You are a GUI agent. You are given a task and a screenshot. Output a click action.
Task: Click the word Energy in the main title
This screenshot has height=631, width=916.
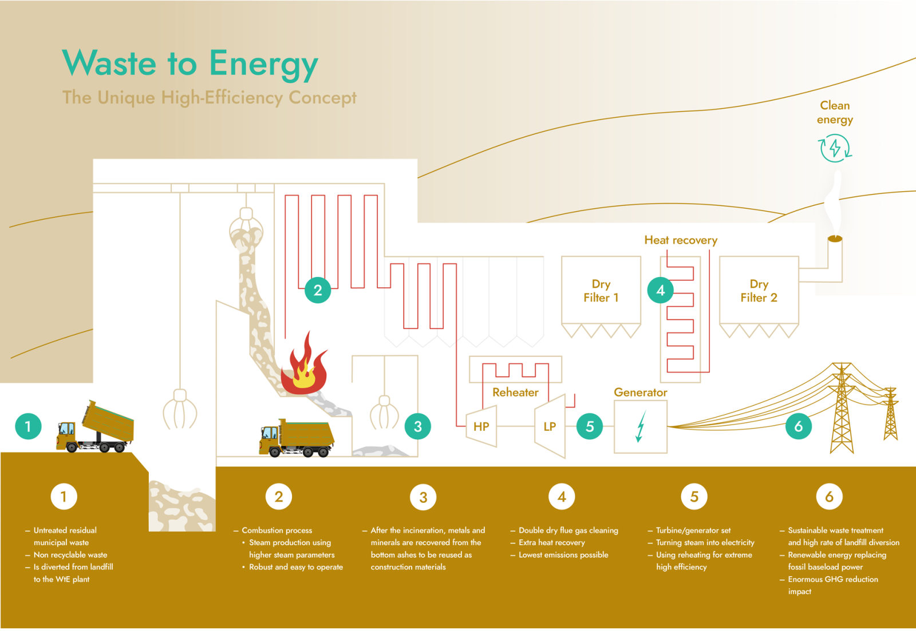click(x=263, y=64)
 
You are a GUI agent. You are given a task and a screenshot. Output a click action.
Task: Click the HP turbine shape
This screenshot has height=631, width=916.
click(x=481, y=426)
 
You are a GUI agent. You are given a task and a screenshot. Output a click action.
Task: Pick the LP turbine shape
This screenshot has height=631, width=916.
click(x=550, y=426)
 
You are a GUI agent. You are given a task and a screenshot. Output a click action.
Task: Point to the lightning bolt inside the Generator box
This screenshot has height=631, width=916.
click(x=641, y=426)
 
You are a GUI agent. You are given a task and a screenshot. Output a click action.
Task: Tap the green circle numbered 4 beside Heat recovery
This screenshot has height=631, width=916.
click(x=660, y=290)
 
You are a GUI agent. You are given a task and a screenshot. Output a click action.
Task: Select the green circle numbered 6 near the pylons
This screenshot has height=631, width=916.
click(x=798, y=426)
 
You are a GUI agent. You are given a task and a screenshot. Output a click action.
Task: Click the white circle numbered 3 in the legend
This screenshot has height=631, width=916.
click(x=423, y=497)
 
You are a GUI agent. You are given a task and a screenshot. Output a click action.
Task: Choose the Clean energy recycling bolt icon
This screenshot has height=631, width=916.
click(x=835, y=148)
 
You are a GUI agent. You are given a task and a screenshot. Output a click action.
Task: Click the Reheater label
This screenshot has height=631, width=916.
click(x=515, y=392)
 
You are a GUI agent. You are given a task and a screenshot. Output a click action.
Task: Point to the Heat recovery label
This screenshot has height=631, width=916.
click(x=681, y=240)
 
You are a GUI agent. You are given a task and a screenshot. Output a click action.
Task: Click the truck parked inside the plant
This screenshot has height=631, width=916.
click(x=297, y=438)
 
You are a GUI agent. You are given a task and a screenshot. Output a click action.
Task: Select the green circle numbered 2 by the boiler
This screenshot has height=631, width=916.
click(x=318, y=290)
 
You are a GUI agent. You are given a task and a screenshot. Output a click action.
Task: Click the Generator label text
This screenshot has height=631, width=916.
click(x=641, y=392)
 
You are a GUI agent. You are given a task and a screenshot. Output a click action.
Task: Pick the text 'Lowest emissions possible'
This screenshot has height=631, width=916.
click(x=563, y=555)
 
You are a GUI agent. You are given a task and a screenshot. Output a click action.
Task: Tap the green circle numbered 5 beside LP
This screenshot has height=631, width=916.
click(x=590, y=426)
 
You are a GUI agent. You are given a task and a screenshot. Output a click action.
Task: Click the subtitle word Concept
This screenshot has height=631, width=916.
click(x=322, y=98)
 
